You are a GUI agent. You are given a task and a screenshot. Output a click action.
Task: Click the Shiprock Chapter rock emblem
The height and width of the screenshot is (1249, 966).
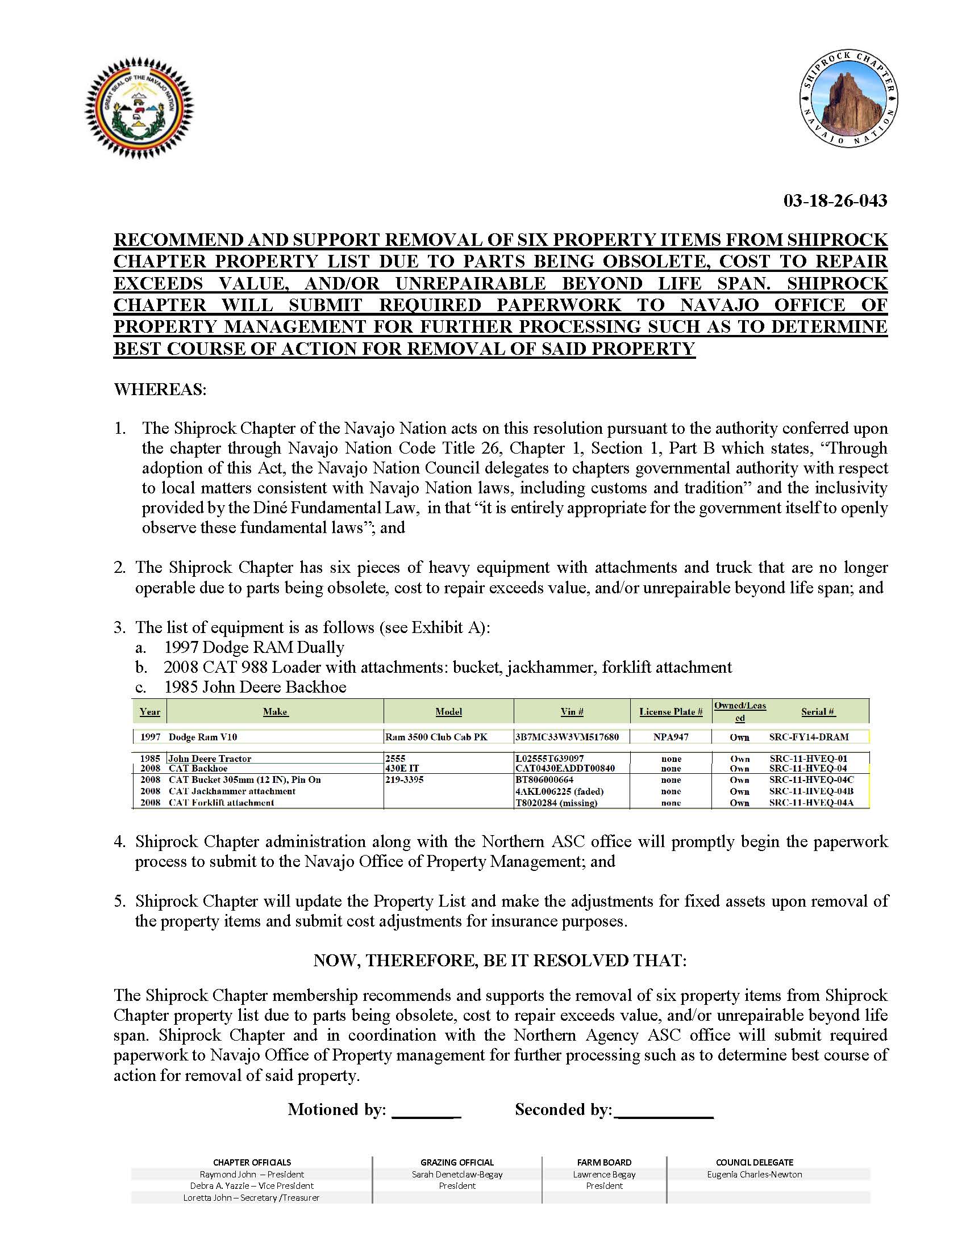(x=848, y=98)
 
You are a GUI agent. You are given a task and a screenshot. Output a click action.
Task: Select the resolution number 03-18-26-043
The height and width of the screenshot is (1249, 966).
(x=835, y=201)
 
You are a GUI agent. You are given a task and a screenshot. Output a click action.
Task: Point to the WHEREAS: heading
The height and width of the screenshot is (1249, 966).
(x=160, y=390)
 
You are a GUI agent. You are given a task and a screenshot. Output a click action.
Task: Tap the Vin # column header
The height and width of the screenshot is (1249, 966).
(x=572, y=712)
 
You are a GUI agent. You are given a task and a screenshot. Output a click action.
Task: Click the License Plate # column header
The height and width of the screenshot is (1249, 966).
(x=671, y=712)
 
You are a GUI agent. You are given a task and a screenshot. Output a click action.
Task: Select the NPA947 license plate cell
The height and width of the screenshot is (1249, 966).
(x=671, y=737)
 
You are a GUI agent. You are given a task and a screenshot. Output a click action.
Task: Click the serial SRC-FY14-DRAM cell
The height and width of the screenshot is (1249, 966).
(x=809, y=737)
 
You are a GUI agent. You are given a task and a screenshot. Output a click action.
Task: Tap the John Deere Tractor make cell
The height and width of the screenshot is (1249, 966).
(x=210, y=759)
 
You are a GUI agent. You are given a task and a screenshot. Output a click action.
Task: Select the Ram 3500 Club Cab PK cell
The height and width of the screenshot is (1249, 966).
(x=436, y=737)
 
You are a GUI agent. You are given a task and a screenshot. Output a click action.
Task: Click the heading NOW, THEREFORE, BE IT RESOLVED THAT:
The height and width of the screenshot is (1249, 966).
(x=499, y=960)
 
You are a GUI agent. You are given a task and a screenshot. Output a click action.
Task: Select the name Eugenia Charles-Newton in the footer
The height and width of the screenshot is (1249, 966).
(x=754, y=1174)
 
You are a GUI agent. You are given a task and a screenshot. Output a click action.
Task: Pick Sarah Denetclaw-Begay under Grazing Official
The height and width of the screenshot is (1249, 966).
(x=457, y=1174)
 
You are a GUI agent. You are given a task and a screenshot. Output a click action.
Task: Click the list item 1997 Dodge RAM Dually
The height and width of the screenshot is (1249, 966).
(x=254, y=647)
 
